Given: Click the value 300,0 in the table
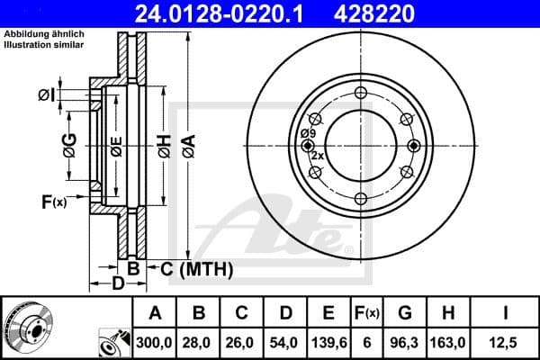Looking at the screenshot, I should click(155, 342).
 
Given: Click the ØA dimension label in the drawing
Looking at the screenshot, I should click(188, 145).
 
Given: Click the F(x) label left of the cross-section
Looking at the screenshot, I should click(54, 201).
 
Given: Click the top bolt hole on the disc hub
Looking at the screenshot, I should click(360, 92).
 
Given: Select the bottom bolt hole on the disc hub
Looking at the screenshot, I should click(360, 198).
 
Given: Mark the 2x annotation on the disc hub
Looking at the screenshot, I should click(316, 156).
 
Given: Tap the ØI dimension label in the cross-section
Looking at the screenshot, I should click(45, 95).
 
